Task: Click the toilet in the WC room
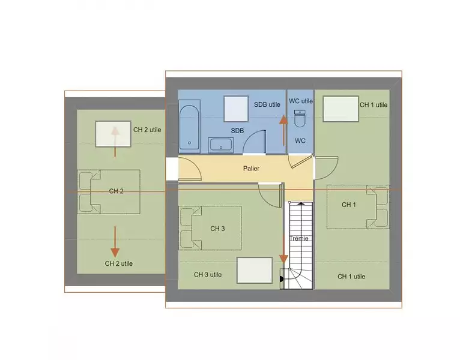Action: coord(300,118)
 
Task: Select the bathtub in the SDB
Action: coord(189,127)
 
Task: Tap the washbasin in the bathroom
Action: coord(221,145)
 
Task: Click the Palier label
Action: coord(251,169)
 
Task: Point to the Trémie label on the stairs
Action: coord(299,238)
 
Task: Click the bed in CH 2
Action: coord(109,192)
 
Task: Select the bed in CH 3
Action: coord(210,228)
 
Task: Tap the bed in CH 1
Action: coord(358,207)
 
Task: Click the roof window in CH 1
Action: coord(340,109)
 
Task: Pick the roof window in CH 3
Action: coord(255,270)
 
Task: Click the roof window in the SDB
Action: coord(236,109)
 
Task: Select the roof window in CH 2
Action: coord(113,134)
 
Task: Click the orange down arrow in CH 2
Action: coord(115,242)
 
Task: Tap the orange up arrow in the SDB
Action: coord(283,130)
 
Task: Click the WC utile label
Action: coord(301,101)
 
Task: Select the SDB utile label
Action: coord(267,104)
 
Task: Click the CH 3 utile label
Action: coord(208,275)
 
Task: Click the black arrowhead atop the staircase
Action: coord(301,203)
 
